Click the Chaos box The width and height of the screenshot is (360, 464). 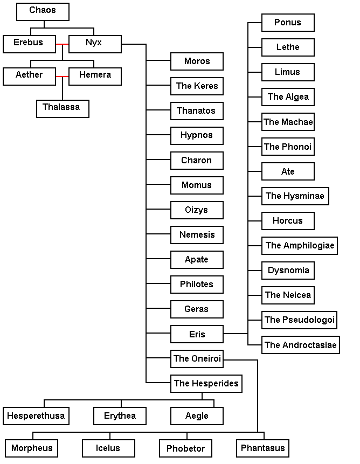(43, 11)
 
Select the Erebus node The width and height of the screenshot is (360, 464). (29, 44)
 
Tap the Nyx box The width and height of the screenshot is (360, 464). (94, 44)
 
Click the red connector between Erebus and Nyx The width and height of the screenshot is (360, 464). (63, 44)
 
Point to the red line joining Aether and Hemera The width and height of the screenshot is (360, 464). (63, 77)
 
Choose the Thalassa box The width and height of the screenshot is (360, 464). (62, 108)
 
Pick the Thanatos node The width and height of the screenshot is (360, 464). (197, 111)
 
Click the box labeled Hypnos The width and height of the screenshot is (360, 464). (197, 136)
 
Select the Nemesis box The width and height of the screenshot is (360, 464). (197, 235)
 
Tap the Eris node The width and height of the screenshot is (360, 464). (197, 334)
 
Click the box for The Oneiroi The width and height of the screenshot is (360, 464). (197, 359)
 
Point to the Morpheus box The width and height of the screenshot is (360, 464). (32, 448)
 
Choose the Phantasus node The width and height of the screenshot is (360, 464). (262, 448)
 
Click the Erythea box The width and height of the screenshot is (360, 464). (120, 416)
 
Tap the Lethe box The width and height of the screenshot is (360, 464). (288, 47)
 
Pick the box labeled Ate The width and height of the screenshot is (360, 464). (288, 171)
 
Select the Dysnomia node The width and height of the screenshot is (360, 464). (288, 271)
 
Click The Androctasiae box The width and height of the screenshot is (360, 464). (301, 345)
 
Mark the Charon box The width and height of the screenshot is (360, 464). (197, 161)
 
